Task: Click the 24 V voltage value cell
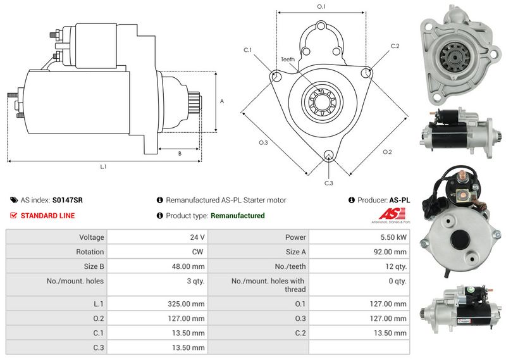click(197, 237)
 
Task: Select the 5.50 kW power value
click(393, 237)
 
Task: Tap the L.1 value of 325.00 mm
click(186, 304)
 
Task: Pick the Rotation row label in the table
click(90, 252)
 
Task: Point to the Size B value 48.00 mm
click(188, 267)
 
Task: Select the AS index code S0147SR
click(68, 200)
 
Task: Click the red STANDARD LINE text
click(48, 216)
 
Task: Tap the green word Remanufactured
click(238, 216)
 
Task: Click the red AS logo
click(392, 214)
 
